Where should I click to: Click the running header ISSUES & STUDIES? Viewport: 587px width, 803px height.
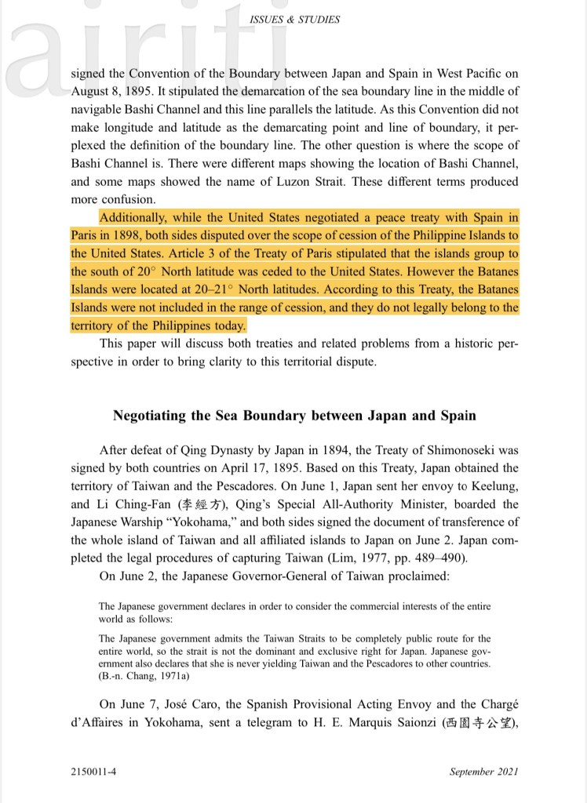(x=294, y=20)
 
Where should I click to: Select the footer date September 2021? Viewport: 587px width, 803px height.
(x=483, y=772)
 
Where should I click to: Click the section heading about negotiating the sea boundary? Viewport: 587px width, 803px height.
(x=294, y=416)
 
